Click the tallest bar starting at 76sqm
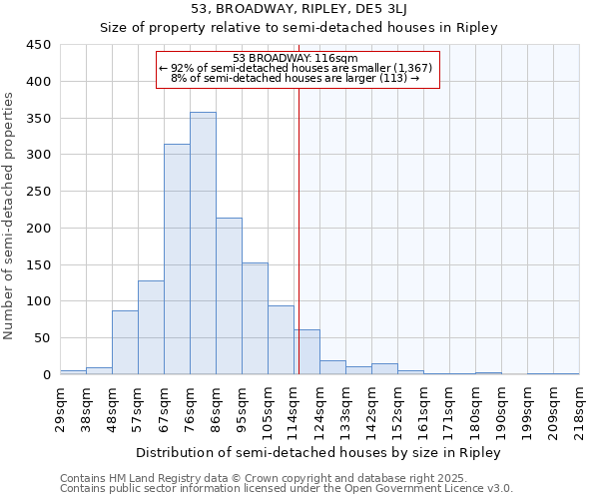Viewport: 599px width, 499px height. tap(203, 244)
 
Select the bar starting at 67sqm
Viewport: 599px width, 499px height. tap(177, 259)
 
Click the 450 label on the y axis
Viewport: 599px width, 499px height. tap(38, 45)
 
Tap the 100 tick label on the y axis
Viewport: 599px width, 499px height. tap(38, 301)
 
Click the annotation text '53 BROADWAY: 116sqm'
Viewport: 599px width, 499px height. tap(288, 58)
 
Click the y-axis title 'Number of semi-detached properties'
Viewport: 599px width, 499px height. tap(10, 215)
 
